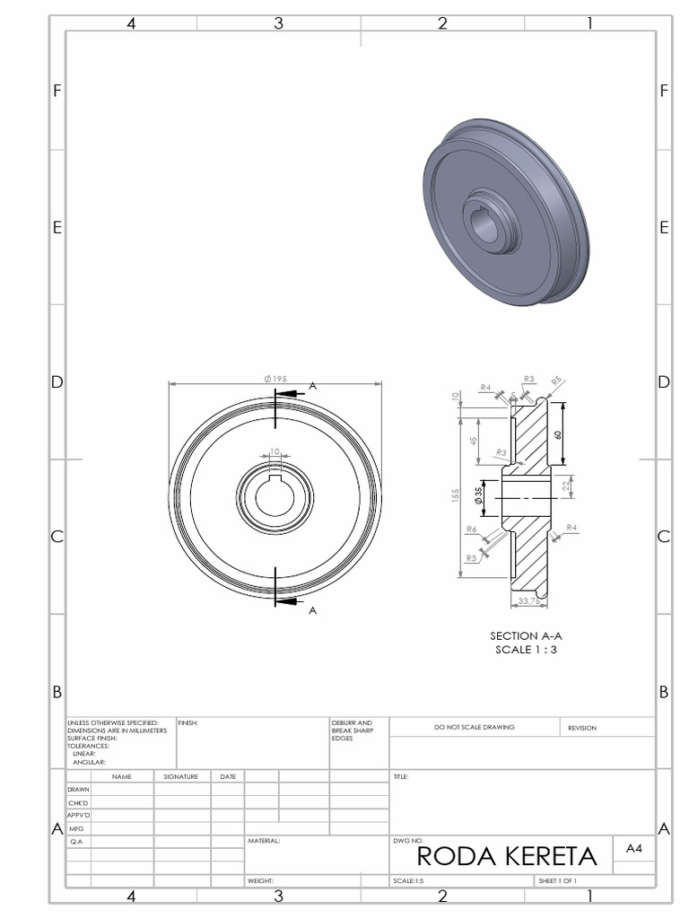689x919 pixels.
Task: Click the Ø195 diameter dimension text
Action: [275, 379]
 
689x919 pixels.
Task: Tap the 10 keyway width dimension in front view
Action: [275, 451]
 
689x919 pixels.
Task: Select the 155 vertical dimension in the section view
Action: [456, 496]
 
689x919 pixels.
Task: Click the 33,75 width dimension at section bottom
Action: [529, 600]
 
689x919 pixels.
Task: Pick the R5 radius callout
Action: [556, 381]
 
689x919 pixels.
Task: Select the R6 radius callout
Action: [471, 530]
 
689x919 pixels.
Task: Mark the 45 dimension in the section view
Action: [474, 440]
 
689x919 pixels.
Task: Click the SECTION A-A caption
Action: [526, 635]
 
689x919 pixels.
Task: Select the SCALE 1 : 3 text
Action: [526, 650]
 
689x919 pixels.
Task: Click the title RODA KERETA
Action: [507, 856]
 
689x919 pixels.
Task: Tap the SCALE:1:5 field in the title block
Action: [409, 881]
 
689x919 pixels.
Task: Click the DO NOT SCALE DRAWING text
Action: [474, 727]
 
